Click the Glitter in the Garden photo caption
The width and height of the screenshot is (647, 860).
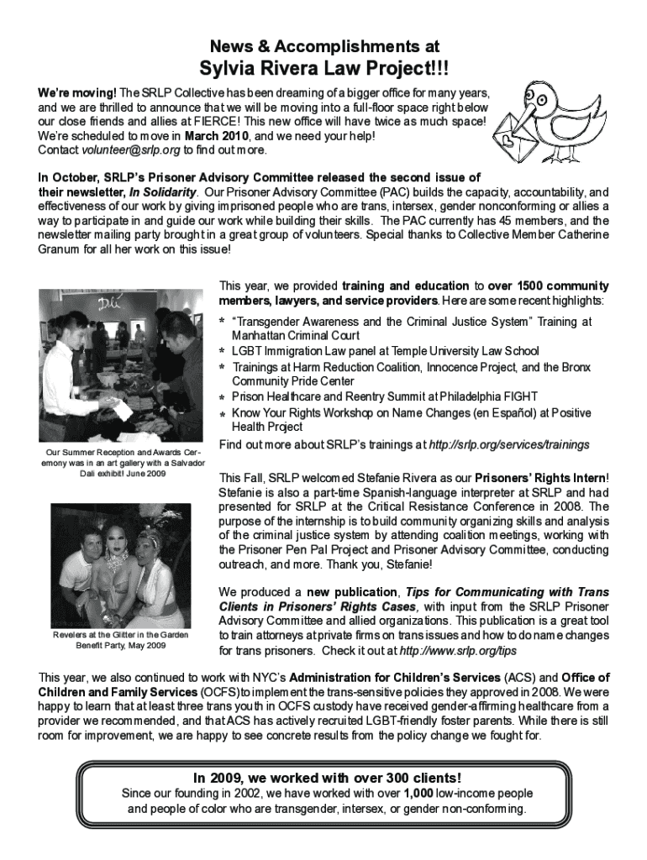pos(121,640)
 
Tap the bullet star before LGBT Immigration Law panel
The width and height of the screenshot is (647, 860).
pos(223,351)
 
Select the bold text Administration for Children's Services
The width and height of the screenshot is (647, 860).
pos(412,677)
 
